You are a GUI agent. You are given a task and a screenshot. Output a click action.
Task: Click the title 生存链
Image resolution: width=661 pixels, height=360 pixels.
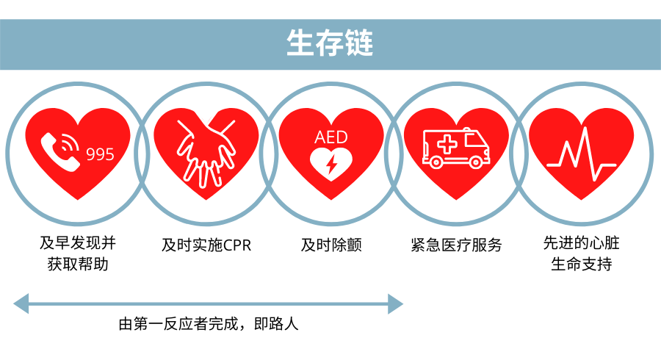[x=330, y=43]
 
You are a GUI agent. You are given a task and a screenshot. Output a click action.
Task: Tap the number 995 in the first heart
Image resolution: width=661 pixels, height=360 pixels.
[x=101, y=154]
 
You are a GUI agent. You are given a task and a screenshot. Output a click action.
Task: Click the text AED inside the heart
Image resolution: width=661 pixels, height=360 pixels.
[x=330, y=137]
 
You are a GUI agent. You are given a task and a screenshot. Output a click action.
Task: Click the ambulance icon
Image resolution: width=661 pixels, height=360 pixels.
[x=456, y=148]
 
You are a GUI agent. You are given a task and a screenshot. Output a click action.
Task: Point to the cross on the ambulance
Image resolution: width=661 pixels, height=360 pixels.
[x=445, y=145]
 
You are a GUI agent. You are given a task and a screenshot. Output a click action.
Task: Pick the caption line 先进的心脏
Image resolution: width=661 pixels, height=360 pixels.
[x=581, y=242]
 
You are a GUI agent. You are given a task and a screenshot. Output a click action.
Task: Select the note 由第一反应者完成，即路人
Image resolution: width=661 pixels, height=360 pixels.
[x=209, y=324]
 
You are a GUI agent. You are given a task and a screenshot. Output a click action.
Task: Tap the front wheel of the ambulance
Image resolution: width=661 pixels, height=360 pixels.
[x=478, y=161]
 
